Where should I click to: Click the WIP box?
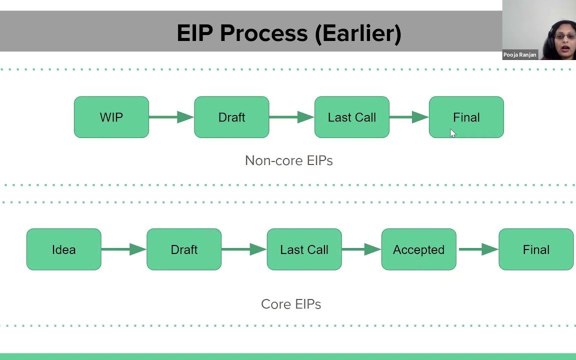coord(111,117)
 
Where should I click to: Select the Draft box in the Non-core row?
coord(231,117)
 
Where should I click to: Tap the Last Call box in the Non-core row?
coord(351,117)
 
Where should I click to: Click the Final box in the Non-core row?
coord(466,117)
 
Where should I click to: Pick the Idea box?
coord(63,249)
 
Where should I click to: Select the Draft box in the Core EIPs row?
coord(184,249)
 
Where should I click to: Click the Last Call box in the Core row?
coord(304,249)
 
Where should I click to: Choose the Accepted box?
coord(418,249)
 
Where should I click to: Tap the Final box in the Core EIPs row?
coord(536,249)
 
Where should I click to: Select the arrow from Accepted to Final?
coord(477,249)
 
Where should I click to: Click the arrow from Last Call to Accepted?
coord(361,249)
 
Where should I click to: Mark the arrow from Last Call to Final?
coord(408,117)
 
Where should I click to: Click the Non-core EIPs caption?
coord(288,160)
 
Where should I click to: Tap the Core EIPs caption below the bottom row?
coord(290,304)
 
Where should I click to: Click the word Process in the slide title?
coord(264,33)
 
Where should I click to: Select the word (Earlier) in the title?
coord(358,33)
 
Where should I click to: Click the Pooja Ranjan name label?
coord(519,55)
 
